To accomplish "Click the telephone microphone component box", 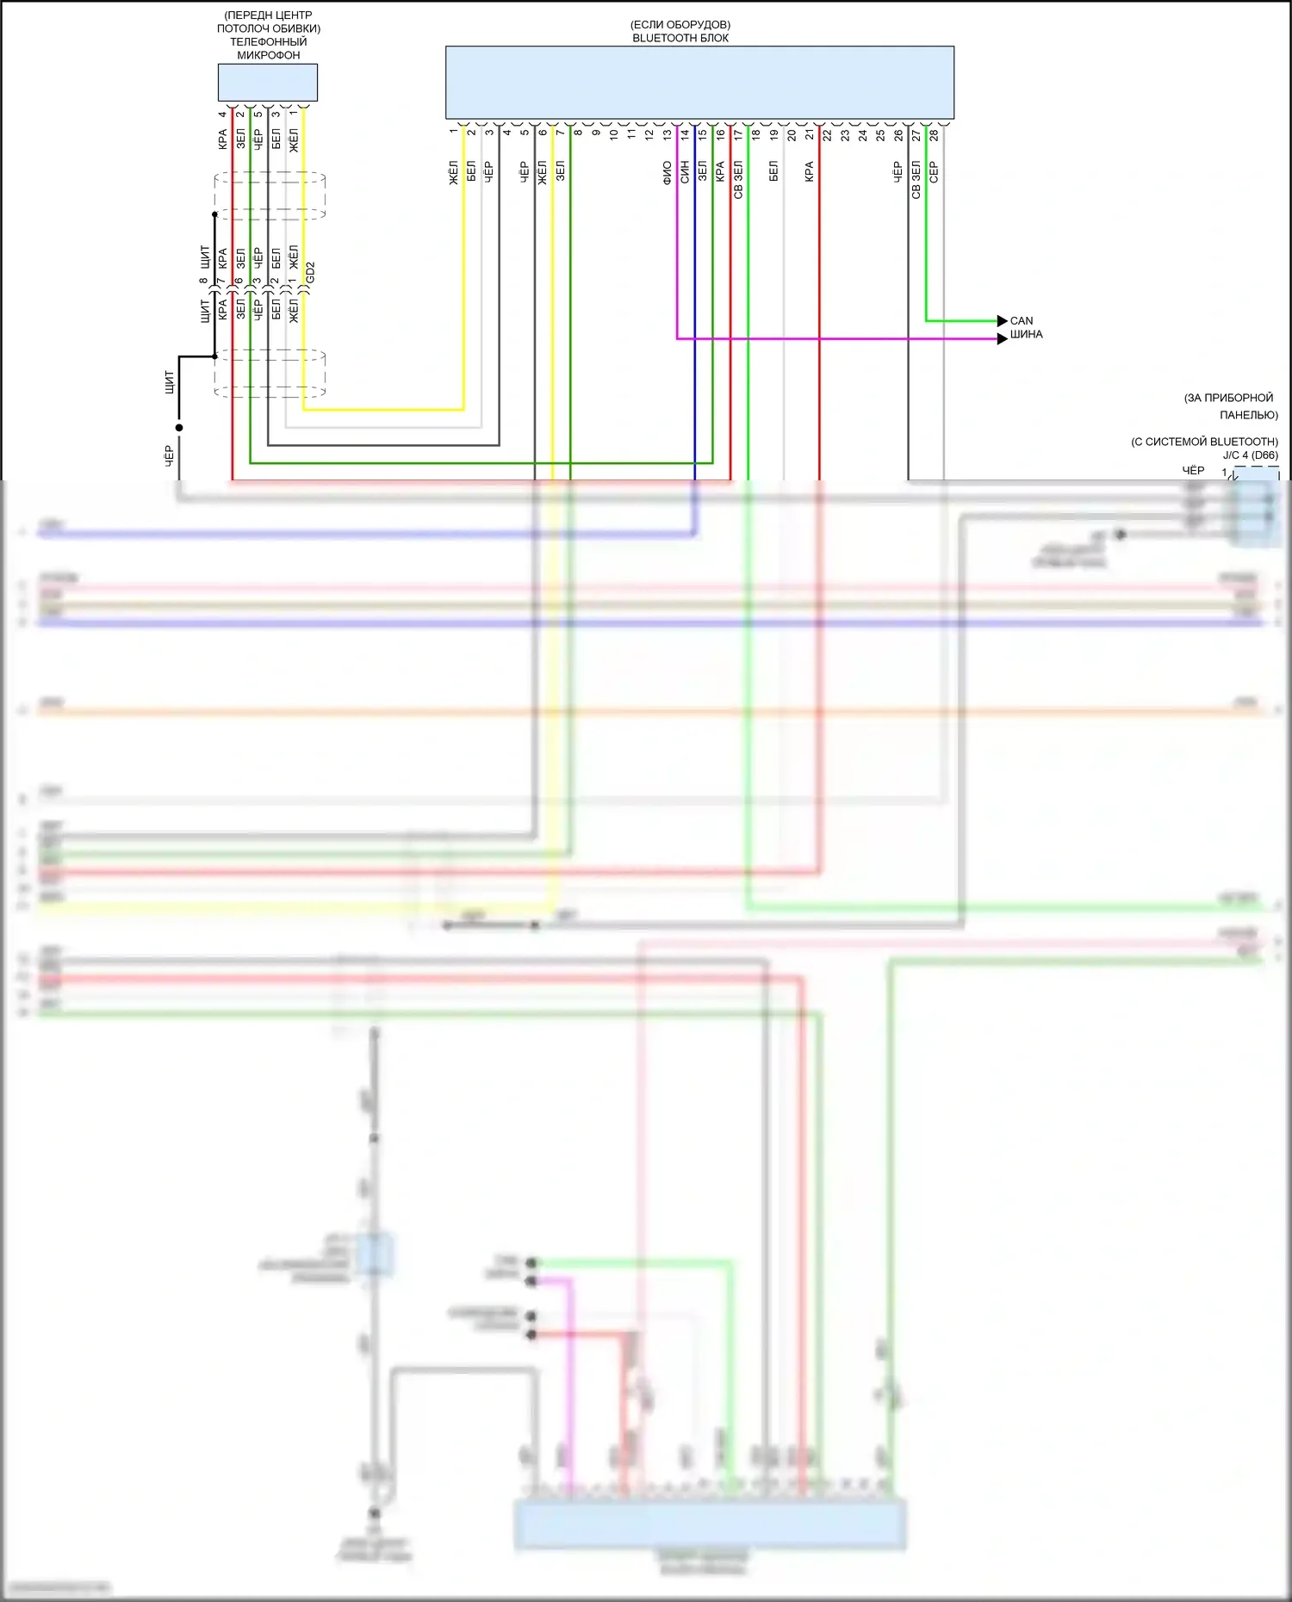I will click(267, 83).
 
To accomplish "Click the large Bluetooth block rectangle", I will click(699, 83).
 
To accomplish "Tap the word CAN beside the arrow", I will click(1022, 320).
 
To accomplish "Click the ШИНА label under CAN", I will click(1026, 335).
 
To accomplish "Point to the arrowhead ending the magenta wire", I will click(1002, 339).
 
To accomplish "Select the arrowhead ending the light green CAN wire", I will click(1002, 321).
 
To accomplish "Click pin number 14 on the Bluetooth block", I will click(685, 134).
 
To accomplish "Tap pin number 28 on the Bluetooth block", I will click(934, 135).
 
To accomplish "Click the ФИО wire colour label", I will click(668, 172).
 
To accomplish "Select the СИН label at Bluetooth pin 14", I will click(685, 172).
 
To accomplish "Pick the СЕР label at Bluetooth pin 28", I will click(934, 172).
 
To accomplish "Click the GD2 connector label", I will click(311, 273).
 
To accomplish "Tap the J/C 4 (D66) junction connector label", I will click(1250, 455).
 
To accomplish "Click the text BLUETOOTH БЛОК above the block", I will click(680, 38).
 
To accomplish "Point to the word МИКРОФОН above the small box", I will click(269, 55).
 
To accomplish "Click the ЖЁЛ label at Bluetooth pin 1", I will click(454, 172).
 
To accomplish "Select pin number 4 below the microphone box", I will click(222, 114).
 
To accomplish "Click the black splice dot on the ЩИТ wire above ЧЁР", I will click(179, 427).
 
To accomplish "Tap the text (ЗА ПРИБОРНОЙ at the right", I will click(1228, 398).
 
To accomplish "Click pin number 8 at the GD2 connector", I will click(204, 281).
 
